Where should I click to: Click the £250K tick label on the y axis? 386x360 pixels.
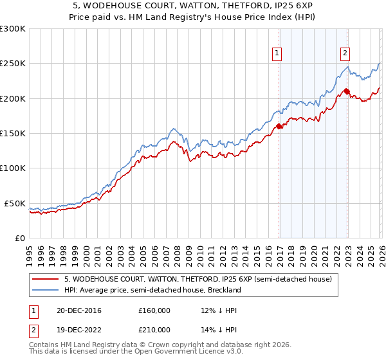[x=13, y=64]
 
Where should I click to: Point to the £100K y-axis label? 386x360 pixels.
[x=13, y=168]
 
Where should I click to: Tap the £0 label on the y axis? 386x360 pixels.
[x=21, y=238]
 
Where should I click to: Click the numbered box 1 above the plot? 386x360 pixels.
[x=277, y=53]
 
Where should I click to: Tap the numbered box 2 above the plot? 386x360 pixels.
[x=345, y=53]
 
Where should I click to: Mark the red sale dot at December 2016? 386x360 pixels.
[x=279, y=127]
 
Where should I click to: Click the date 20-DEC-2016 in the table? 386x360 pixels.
[x=78, y=310]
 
